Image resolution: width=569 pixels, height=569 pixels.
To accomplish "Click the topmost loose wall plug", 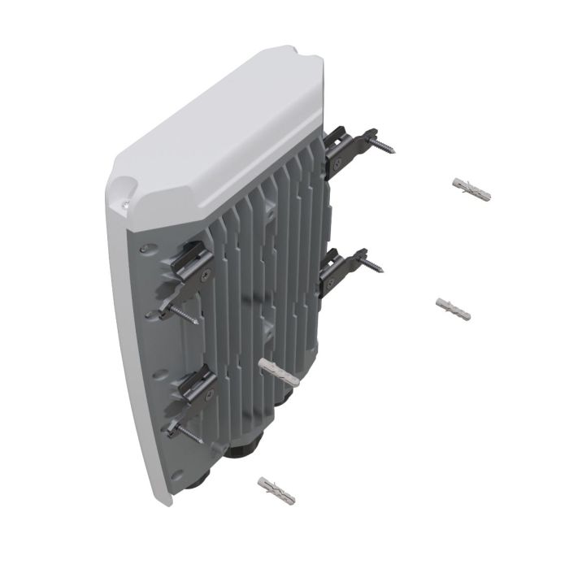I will click(471, 189).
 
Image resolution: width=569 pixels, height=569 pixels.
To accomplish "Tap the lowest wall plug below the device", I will click(276, 491).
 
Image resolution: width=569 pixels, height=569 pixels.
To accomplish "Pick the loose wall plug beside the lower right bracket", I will click(454, 309).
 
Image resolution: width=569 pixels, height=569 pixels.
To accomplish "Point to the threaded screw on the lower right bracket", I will click(375, 266).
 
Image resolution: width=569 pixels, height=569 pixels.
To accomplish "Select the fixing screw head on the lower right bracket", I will click(327, 283).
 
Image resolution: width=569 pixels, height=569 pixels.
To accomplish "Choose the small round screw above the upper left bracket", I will click(144, 248).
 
